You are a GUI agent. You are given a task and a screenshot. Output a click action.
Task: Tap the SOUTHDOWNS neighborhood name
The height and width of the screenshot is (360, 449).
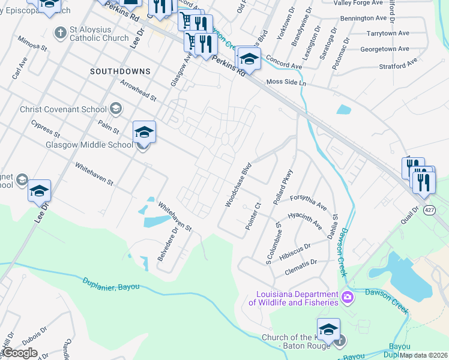120,71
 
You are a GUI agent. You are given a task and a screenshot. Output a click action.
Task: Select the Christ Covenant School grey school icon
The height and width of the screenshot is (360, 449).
116,109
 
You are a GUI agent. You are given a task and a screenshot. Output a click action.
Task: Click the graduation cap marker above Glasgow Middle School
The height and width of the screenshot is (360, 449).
144,131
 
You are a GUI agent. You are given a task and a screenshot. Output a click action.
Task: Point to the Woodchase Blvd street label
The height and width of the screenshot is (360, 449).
238,188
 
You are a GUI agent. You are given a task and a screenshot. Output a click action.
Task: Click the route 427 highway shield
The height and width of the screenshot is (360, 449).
429,210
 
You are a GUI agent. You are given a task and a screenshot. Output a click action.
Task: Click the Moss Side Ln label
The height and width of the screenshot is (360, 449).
286,82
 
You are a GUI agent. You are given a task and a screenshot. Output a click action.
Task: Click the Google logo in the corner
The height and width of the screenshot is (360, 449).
19,352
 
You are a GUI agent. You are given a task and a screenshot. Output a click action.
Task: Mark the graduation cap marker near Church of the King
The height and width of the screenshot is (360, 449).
328,329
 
